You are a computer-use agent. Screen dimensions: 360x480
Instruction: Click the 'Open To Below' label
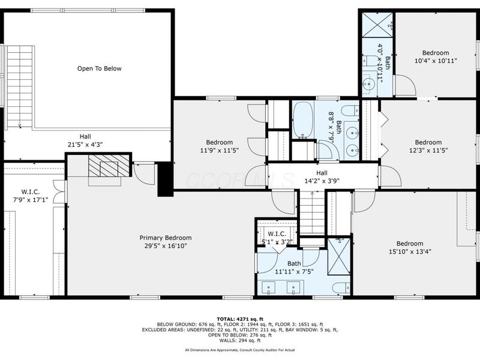[x=99, y=68]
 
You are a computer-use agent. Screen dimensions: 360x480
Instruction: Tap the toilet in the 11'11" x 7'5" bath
[x=340, y=287]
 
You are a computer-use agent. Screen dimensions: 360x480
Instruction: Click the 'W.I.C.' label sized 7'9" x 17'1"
[x=31, y=192]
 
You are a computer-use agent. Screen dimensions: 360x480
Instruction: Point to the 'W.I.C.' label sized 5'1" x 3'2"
[x=277, y=234]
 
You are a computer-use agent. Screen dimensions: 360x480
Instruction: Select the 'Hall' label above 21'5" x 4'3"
[x=86, y=136]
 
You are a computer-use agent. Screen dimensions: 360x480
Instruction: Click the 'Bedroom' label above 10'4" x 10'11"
[x=435, y=52]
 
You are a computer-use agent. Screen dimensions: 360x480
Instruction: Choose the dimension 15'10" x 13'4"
[x=414, y=251]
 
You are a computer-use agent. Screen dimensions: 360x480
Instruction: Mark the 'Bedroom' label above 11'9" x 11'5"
[x=220, y=142]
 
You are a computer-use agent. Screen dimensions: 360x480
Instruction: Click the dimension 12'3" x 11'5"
[x=428, y=151]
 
